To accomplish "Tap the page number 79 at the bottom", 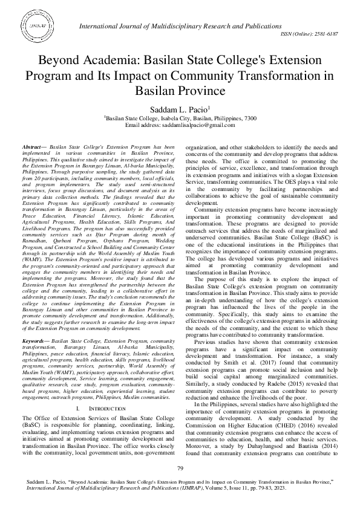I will (180, 468).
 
